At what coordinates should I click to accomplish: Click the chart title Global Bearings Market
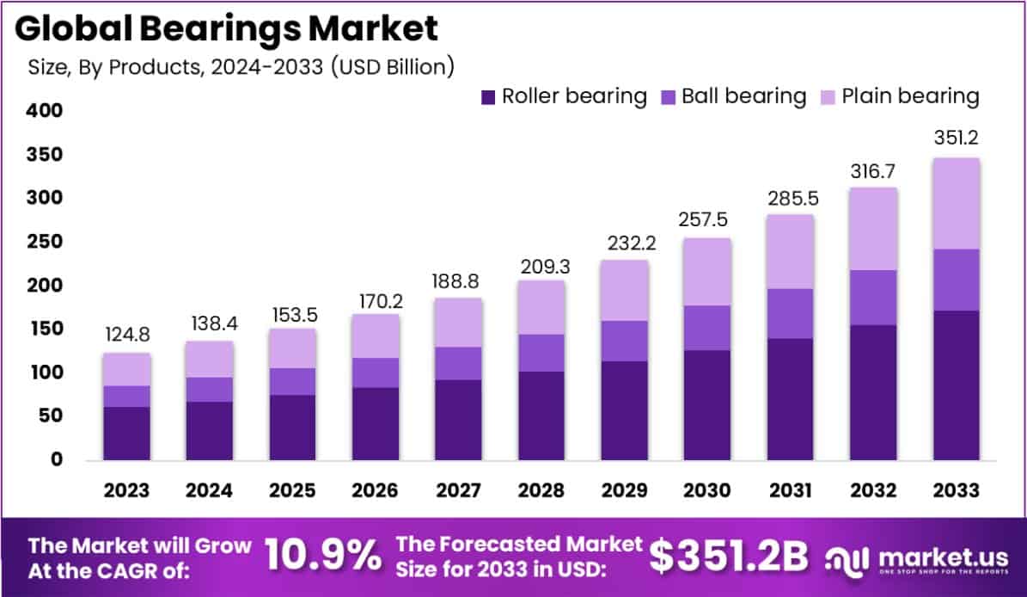pyautogui.click(x=227, y=28)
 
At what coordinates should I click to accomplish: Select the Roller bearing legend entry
pyautogui.click(x=564, y=95)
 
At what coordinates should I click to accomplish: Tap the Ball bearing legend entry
pyautogui.click(x=733, y=95)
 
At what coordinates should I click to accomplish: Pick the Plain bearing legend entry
pyautogui.click(x=898, y=95)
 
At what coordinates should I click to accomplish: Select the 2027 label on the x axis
pyautogui.click(x=458, y=490)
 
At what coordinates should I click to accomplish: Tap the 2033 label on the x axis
pyautogui.click(x=956, y=490)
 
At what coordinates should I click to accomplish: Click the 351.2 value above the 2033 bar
pyautogui.click(x=956, y=138)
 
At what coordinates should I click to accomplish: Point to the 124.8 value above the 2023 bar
pyautogui.click(x=127, y=334)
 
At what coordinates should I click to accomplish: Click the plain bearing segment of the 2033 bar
pyautogui.click(x=956, y=204)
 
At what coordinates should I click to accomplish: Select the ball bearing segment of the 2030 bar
pyautogui.click(x=707, y=328)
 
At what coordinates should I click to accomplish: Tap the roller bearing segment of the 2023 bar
pyautogui.click(x=127, y=433)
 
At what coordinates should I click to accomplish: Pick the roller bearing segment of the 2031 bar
pyautogui.click(x=790, y=398)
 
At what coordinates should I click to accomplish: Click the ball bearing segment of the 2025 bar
pyautogui.click(x=292, y=381)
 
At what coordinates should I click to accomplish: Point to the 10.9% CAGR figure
pyautogui.click(x=322, y=557)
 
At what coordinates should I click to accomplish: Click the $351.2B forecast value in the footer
pyautogui.click(x=729, y=557)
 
